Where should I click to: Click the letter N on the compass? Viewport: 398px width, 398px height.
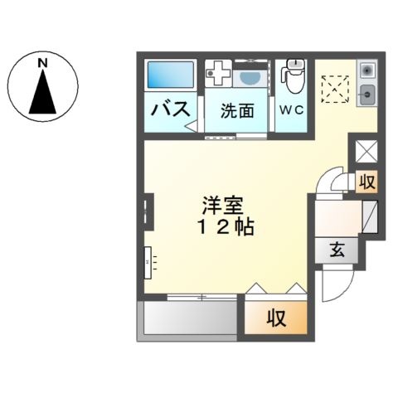[41, 62]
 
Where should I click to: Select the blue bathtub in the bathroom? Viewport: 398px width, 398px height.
[170, 76]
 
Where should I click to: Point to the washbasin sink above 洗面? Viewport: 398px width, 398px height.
[246, 77]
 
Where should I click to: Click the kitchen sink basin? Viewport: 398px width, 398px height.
[367, 93]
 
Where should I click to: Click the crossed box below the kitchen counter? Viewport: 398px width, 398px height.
[365, 150]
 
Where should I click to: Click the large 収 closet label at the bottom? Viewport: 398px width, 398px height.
[275, 316]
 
